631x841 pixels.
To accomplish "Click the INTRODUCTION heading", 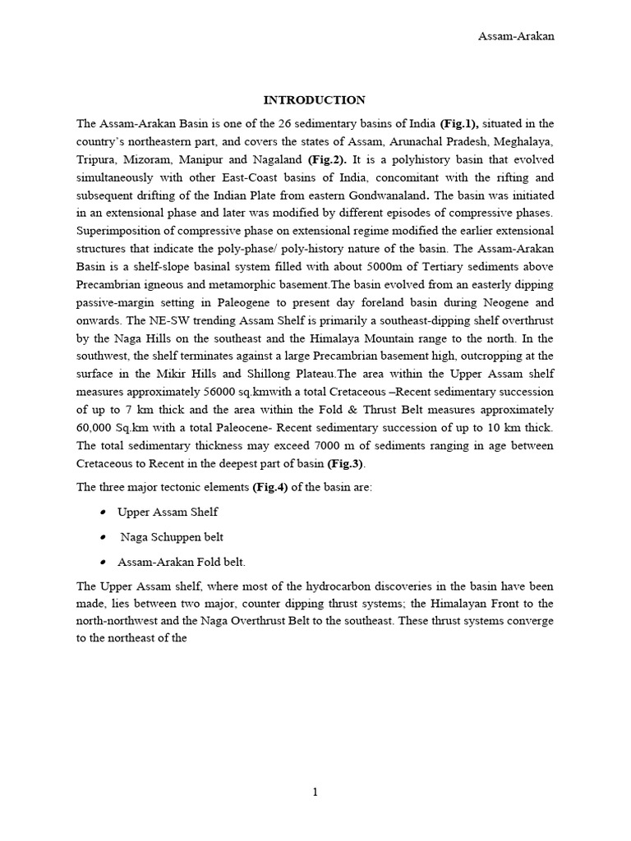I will click(315, 100).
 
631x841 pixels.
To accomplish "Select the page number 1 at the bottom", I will click(315, 792).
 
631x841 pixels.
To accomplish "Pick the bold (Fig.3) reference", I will click(345, 463).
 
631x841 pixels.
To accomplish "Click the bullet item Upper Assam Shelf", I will click(168, 512).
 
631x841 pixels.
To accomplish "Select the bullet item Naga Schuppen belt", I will click(172, 537).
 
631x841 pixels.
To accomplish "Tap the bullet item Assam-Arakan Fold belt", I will click(182, 563).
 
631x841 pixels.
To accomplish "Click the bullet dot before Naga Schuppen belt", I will click(103, 537).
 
